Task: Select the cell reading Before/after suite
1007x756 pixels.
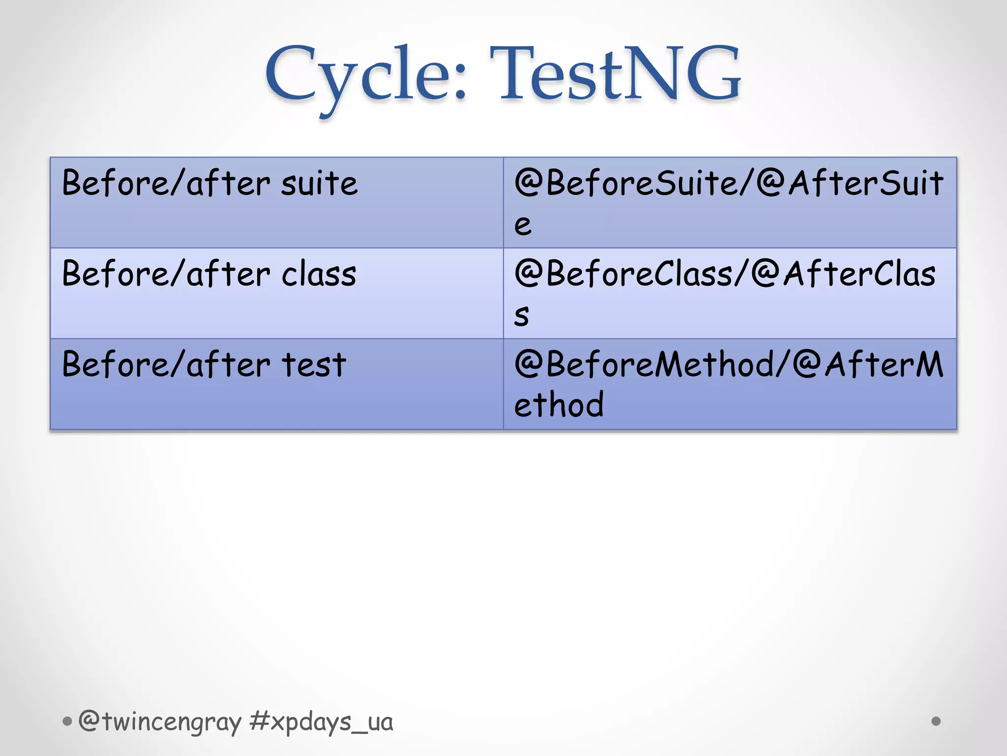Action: [276, 202]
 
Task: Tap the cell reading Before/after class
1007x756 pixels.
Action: [276, 293]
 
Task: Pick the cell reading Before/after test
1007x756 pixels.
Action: [276, 384]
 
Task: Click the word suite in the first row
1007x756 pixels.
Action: [319, 184]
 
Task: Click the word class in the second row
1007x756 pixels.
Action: [319, 274]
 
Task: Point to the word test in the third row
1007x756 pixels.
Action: [314, 365]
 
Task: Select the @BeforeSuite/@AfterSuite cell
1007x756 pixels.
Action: [730, 202]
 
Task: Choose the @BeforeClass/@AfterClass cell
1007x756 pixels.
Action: [730, 293]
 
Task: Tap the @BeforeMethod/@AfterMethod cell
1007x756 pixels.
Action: [730, 384]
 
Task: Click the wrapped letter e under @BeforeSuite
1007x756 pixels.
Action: [523, 225]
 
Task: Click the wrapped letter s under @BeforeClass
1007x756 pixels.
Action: [522, 315]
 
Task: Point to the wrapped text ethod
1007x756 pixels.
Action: [559, 405]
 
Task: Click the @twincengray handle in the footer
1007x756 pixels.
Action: [160, 722]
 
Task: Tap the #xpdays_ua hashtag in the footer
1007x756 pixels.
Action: [321, 722]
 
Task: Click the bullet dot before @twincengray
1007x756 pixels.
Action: [67, 722]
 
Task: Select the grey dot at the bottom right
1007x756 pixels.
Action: [936, 721]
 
